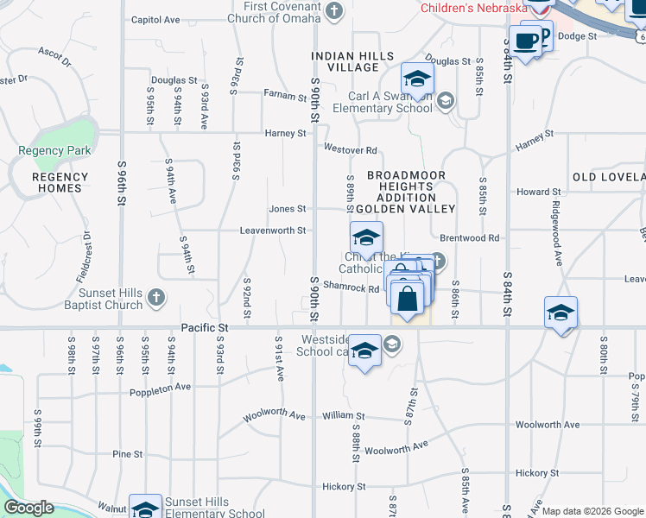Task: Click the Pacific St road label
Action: click(205, 328)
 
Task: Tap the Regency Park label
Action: click(54, 150)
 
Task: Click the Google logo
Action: click(28, 508)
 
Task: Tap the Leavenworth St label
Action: click(273, 231)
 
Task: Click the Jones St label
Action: click(288, 208)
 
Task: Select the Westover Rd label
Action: click(351, 149)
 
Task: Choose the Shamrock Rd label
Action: click(351, 288)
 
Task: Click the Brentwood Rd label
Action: click(470, 237)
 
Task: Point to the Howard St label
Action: click(539, 192)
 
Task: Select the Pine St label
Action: click(127, 453)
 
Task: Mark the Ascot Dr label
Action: click(54, 57)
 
